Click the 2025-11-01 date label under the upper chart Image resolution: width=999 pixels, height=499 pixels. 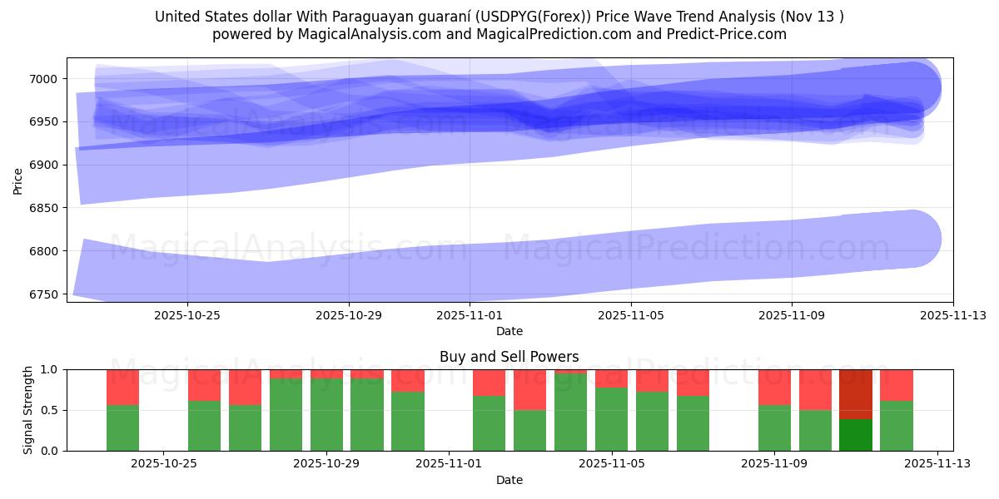click(470, 315)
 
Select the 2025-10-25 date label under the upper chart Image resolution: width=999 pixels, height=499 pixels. click(186, 315)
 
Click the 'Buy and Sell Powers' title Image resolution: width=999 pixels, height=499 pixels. click(509, 357)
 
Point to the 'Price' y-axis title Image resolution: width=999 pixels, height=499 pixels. click(18, 180)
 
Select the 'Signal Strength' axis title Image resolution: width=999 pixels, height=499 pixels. click(28, 410)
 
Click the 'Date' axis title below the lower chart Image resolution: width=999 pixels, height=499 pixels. click(509, 480)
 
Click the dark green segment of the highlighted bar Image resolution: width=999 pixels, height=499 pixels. click(856, 435)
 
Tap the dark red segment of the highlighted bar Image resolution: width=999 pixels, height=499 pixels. click(856, 394)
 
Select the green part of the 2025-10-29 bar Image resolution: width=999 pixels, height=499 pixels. click(326, 414)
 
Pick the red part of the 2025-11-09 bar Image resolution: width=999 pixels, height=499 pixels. click(774, 387)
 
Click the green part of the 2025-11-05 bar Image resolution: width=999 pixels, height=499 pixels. click(612, 419)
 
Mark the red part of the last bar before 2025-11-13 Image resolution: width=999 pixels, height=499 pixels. click(897, 384)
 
